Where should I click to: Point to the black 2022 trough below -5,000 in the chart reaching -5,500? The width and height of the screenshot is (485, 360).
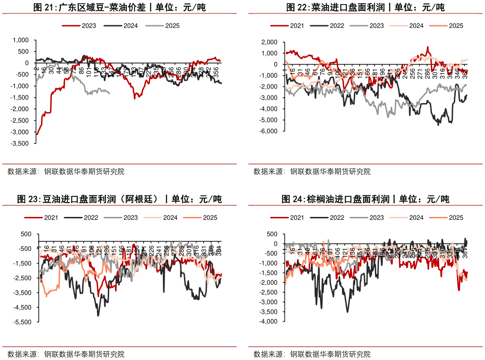[x=98, y=316]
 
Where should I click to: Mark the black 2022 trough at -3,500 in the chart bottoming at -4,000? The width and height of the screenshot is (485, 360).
[x=347, y=312]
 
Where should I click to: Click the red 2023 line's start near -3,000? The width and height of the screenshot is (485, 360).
[x=36, y=134]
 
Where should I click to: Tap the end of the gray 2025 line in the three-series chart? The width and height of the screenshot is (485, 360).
[x=109, y=94]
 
